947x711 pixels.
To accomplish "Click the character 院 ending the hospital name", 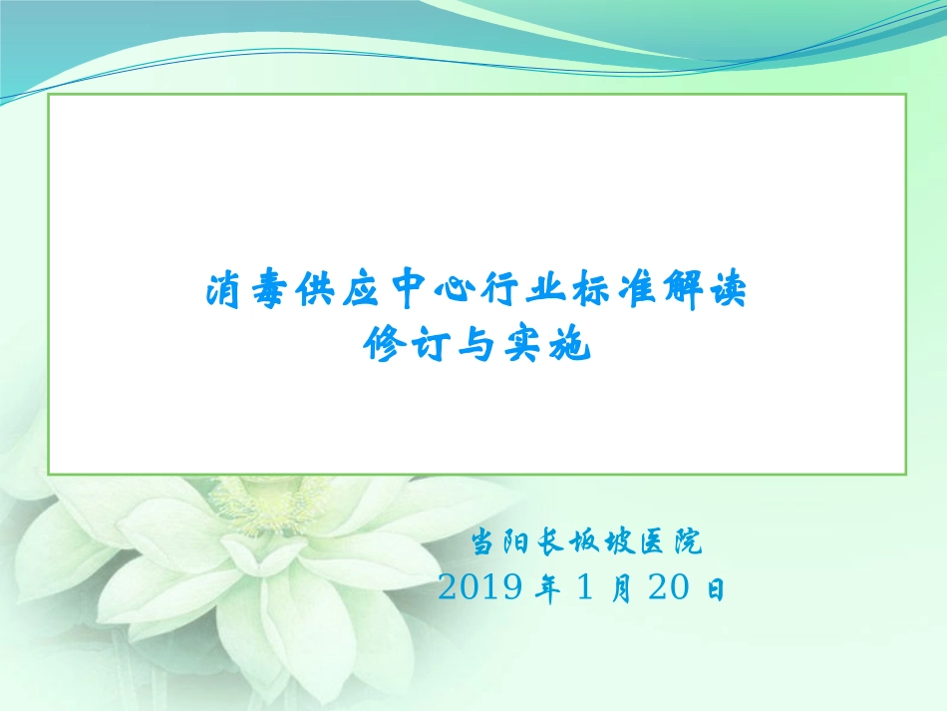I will (687, 544).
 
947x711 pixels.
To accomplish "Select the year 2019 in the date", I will (480, 589).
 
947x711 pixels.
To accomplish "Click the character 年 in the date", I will (546, 590).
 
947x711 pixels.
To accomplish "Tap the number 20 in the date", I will (669, 589).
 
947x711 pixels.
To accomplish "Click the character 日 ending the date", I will (715, 590).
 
